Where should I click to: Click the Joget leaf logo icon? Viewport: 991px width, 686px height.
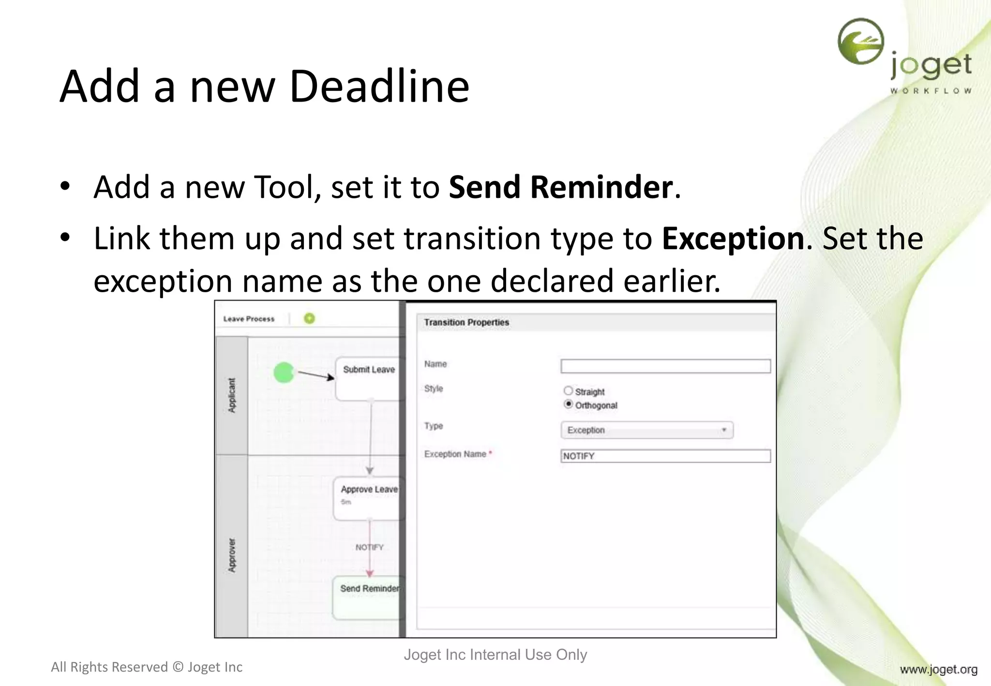click(861, 42)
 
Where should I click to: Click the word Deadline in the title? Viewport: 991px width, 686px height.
click(379, 87)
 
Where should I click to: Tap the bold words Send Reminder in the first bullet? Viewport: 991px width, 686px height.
click(560, 187)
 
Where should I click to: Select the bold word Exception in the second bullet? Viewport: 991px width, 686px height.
click(733, 239)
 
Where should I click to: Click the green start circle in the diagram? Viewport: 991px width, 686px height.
click(284, 373)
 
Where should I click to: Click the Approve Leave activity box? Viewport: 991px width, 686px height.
click(369, 498)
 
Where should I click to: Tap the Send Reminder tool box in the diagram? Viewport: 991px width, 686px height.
click(369, 597)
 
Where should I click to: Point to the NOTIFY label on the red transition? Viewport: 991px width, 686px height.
click(369, 547)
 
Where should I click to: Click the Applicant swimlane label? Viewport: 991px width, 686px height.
click(232, 395)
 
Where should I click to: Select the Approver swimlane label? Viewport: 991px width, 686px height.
click(232, 555)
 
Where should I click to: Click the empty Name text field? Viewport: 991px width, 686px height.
click(665, 366)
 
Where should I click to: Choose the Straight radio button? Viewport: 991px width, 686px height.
click(568, 391)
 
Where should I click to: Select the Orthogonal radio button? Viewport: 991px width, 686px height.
click(568, 404)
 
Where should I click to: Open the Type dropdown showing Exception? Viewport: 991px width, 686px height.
click(647, 430)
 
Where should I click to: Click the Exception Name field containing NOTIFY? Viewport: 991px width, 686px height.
click(665, 456)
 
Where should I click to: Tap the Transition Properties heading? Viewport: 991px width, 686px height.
click(466, 322)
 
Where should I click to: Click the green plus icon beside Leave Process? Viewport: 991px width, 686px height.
click(309, 318)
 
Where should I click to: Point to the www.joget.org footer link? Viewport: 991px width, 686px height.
click(938, 670)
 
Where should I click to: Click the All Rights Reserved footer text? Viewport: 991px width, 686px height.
click(147, 667)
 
